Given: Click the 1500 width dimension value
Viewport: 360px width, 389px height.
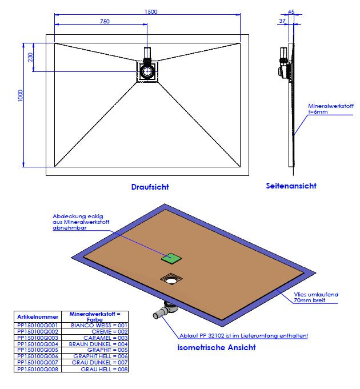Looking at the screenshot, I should pos(151,11).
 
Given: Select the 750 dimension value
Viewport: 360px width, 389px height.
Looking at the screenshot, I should pos(105,22).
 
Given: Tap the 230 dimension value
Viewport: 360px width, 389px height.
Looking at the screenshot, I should pos(30,57).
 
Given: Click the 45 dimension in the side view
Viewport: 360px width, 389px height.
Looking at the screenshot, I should pos(291,11).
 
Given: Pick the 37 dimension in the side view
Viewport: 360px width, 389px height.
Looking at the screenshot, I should pos(282,21).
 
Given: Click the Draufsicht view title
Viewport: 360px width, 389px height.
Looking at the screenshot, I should pos(150,187).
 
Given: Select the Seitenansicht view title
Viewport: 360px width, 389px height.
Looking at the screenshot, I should pos(291,186).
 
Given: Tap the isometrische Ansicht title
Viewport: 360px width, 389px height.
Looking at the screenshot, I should pos(217,347).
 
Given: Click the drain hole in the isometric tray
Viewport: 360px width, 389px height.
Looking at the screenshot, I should pos(170,279).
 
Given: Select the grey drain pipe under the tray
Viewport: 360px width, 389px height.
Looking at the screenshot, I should pos(165,311).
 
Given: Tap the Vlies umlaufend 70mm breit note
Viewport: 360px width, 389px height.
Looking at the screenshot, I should pos(315,297).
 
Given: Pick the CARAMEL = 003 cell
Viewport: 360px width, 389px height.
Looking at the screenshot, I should pos(97,338).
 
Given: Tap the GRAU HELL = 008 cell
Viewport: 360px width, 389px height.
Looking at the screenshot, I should pos(97,370).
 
